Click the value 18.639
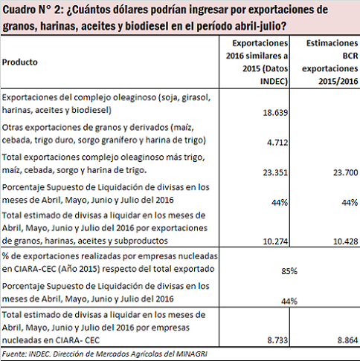275,113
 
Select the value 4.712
277,143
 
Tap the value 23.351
275,172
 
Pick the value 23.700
345,172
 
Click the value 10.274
275,241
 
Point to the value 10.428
345,241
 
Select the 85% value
289,271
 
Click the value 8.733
277,340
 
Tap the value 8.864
347,340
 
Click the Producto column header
20,62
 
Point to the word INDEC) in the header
274,81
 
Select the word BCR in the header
350,56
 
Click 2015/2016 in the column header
338,81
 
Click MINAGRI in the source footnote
191,354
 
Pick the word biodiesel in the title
147,26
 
